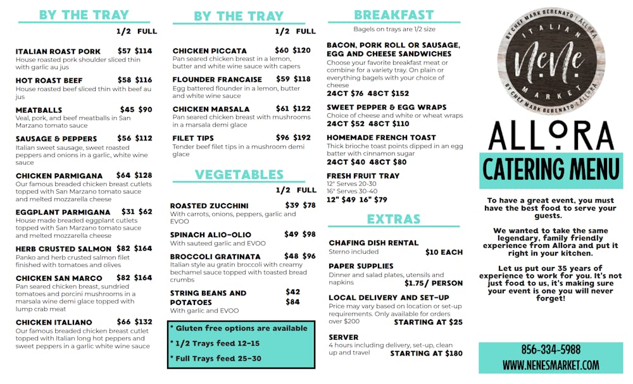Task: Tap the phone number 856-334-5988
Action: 551,350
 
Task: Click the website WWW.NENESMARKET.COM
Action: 551,365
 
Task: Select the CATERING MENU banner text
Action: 551,170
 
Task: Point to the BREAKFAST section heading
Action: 394,15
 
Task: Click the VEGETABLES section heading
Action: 239,175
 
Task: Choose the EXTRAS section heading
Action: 394,220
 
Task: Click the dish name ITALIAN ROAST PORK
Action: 58,51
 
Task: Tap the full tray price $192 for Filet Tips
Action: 302,137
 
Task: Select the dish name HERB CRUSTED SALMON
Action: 63,249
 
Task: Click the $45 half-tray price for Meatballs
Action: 127,109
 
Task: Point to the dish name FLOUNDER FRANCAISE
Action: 217,80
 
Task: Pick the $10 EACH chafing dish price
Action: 444,252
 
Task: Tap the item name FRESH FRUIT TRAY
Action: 363,176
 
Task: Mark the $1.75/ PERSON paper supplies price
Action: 434,283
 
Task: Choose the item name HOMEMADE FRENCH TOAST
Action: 381,137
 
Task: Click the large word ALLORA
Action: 551,135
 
